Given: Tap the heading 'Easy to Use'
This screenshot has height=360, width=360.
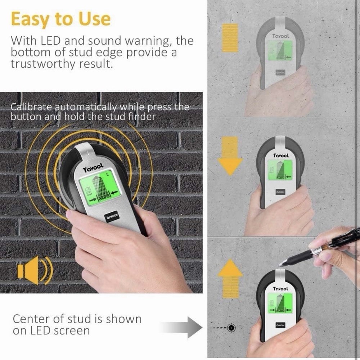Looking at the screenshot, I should tap(60, 19).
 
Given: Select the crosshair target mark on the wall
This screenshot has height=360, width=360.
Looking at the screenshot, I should tap(231, 327).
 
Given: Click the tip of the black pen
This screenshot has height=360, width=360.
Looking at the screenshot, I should tap(282, 264).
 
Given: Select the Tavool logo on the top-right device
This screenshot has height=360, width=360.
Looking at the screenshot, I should tap(280, 36).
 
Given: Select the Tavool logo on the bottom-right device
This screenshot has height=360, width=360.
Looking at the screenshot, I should tap(280, 289).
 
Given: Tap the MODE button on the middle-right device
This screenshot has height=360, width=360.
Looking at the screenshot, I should tap(280, 192).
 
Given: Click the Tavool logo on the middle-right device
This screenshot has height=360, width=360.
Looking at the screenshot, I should tap(280, 156).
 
